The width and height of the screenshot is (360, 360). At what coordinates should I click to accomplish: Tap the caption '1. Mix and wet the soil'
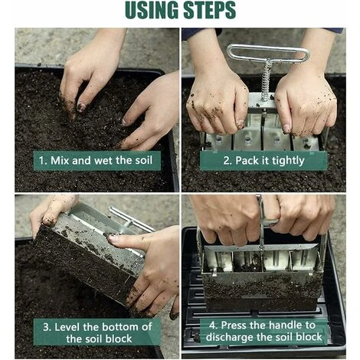click(x=96, y=161)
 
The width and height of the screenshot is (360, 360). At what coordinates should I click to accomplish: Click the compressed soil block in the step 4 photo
click(x=260, y=287)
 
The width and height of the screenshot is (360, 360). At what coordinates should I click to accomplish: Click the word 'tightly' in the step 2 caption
click(x=292, y=160)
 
